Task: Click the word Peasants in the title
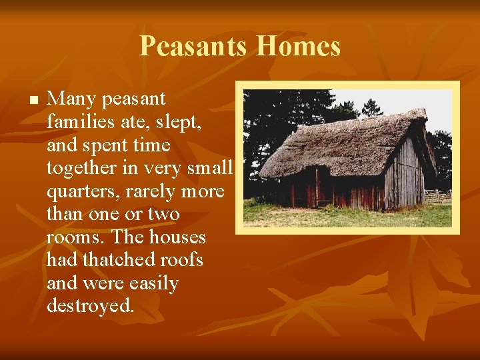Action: pyautogui.click(x=194, y=47)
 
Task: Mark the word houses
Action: pyautogui.click(x=177, y=237)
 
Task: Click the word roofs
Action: pyautogui.click(x=181, y=260)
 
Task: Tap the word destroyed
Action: pyautogui.click(x=90, y=307)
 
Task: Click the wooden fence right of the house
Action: pyautogui.click(x=439, y=195)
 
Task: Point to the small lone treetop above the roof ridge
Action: pyautogui.click(x=371, y=107)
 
